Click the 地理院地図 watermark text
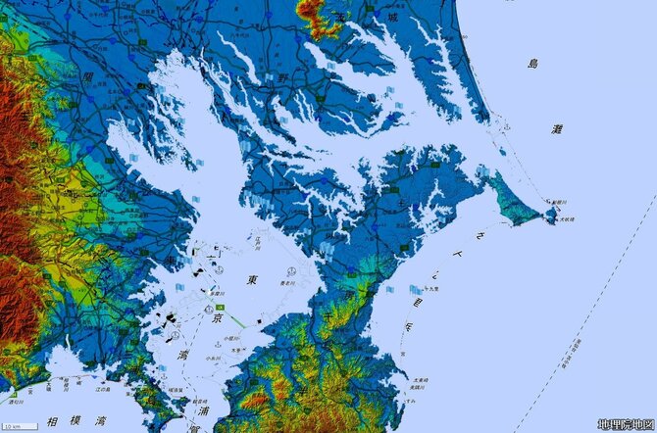[625, 424]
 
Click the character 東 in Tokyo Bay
[252, 280]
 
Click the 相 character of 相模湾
[51, 423]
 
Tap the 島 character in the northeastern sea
[532, 64]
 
